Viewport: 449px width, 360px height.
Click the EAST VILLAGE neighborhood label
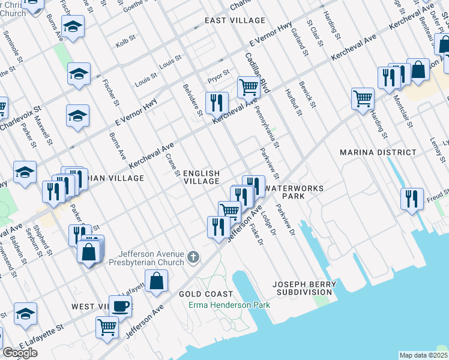pyautogui.click(x=226, y=20)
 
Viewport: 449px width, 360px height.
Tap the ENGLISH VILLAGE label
pyautogui.click(x=201, y=177)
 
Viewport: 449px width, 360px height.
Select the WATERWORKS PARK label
pyautogui.click(x=294, y=192)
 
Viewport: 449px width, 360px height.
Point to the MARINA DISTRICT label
pyautogui.click(x=378, y=152)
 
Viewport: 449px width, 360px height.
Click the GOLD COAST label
pyautogui.click(x=206, y=294)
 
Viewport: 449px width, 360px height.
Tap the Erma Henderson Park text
pyautogui.click(x=229, y=305)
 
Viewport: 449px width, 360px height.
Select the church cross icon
pyautogui.click(x=193, y=258)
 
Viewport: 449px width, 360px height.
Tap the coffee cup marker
pyautogui.click(x=120, y=306)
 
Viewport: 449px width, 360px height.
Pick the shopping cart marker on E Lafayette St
pyautogui.click(x=107, y=328)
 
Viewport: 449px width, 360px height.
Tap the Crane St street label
pyautogui.click(x=172, y=165)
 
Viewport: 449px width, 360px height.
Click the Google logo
pyautogui.click(x=20, y=353)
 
